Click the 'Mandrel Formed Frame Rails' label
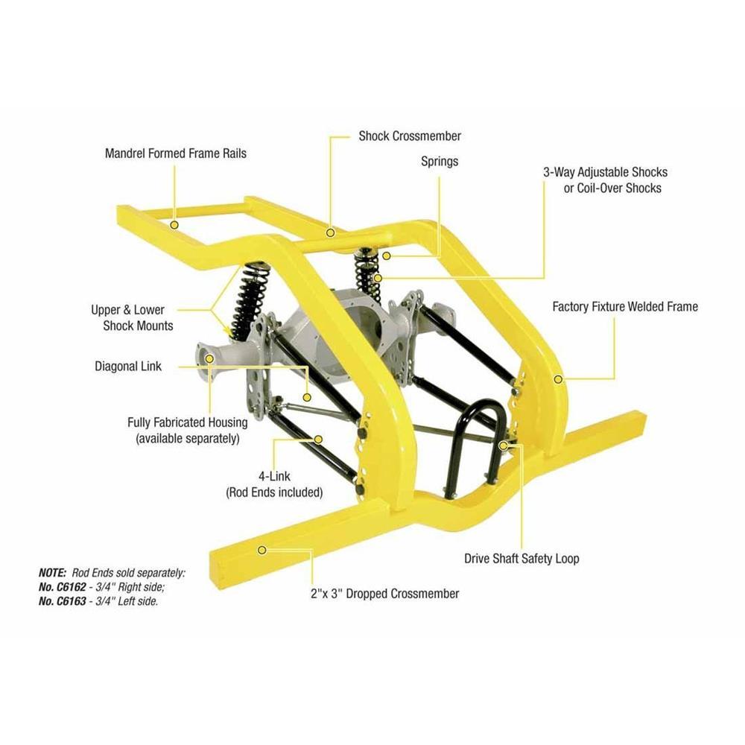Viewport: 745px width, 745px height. [x=175, y=154]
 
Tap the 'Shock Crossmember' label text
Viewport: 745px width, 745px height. [x=410, y=136]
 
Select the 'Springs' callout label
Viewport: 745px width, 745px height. [x=440, y=161]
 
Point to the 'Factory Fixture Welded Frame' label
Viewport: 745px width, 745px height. [x=625, y=306]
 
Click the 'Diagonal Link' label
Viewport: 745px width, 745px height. [x=128, y=367]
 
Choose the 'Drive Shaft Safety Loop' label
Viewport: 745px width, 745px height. [x=521, y=558]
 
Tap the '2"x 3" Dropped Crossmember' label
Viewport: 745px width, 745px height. [x=384, y=594]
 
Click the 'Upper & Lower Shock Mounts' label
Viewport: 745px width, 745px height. [x=132, y=317]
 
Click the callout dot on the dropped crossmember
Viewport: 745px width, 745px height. [x=261, y=550]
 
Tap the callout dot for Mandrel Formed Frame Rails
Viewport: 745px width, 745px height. [x=174, y=224]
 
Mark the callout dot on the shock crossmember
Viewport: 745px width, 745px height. [x=329, y=232]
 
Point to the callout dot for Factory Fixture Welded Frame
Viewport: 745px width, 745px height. [x=558, y=379]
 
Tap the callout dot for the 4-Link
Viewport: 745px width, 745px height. [x=319, y=440]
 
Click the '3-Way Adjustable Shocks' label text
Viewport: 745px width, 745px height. [x=605, y=172]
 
